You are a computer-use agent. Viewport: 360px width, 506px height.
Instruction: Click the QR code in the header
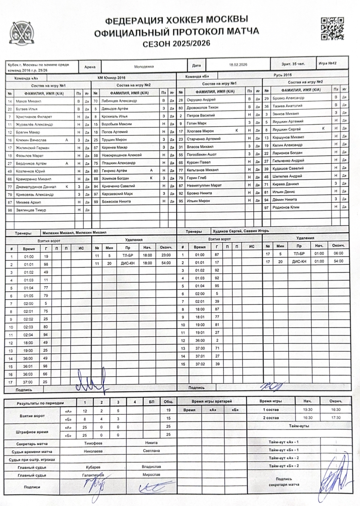click(x=332, y=29)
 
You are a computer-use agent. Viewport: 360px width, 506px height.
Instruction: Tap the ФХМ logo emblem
click(x=21, y=33)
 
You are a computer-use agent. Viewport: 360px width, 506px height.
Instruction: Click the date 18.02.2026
click(x=238, y=65)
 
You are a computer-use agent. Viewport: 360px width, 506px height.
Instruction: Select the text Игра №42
click(x=327, y=63)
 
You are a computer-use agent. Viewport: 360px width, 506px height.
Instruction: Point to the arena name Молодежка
click(x=144, y=67)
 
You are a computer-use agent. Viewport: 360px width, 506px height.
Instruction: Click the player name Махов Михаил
click(x=29, y=101)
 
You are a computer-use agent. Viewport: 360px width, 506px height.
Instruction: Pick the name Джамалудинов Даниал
click(x=36, y=187)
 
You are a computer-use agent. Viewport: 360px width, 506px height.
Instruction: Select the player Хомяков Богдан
click(x=115, y=178)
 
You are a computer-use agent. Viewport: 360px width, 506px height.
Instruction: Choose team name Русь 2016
click(x=282, y=75)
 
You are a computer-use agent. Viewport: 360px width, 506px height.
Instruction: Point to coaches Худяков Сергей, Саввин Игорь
click(x=241, y=231)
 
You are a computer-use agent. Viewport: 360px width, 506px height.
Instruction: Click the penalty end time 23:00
click(x=166, y=255)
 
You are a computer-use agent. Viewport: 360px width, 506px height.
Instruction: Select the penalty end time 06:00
click(x=338, y=253)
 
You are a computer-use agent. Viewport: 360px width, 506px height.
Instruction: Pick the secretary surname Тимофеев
click(x=93, y=443)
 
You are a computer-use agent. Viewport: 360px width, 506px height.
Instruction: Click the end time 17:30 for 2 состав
click(x=336, y=418)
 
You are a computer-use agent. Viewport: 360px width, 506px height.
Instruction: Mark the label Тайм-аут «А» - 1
click(x=284, y=442)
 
